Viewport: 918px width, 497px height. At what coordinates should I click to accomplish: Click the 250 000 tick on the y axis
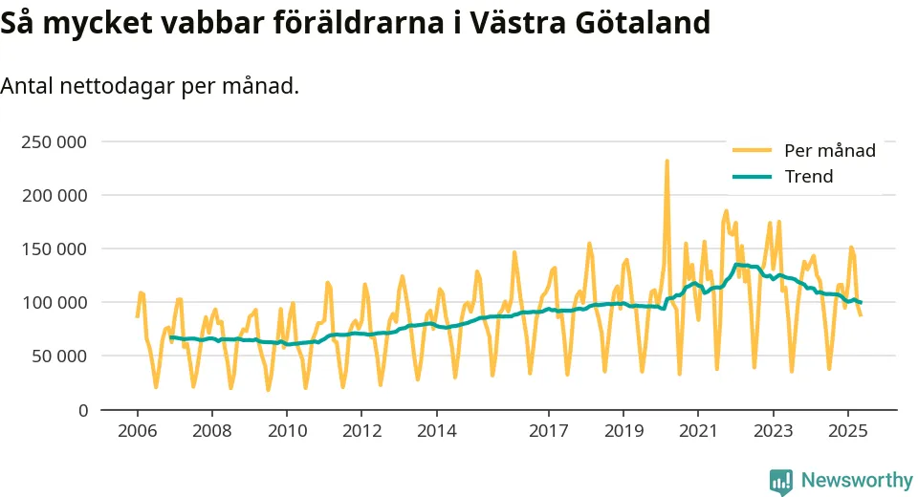pos(54,142)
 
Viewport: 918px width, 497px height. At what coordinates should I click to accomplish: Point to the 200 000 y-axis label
pos(54,196)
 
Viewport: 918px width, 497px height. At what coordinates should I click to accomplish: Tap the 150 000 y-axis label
pos(54,249)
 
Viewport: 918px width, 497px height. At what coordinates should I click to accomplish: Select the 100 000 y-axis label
pos(54,303)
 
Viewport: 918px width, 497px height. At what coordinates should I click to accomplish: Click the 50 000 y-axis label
pos(58,357)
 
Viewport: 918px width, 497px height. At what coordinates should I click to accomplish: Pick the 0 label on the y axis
pos(82,410)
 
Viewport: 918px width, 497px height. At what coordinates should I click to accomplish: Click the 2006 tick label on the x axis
pos(137,431)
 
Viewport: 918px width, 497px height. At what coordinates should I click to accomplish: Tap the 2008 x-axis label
pos(211,431)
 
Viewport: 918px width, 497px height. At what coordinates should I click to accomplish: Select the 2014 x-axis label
pos(435,431)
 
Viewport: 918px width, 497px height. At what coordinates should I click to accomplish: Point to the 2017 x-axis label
pos(548,431)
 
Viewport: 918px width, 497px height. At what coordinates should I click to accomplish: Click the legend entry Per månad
pos(829,150)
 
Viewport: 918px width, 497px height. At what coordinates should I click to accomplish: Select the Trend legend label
pos(808,177)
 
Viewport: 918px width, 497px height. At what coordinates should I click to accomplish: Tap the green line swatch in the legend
pos(752,177)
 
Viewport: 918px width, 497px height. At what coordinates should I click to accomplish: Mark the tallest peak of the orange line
pos(667,162)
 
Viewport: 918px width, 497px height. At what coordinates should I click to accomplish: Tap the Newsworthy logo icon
pos(780,481)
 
